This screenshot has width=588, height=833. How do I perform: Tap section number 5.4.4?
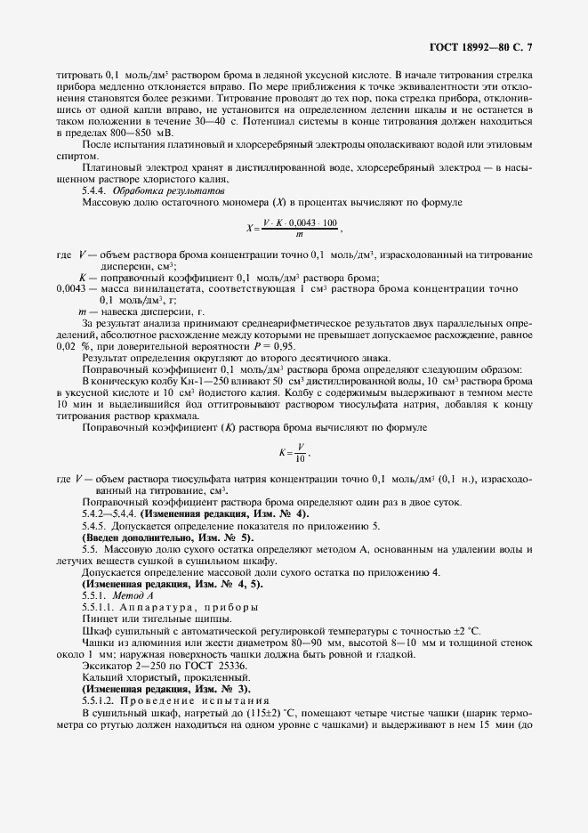point(96,190)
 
